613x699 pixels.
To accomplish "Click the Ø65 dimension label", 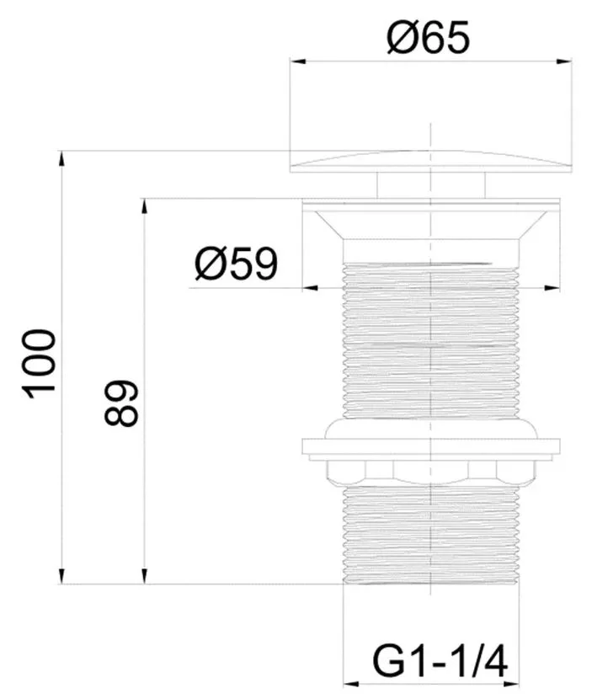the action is pos(428,37).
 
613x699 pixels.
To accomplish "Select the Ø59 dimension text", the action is pos(237,264).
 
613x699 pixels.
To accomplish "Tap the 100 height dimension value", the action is pos(39,364).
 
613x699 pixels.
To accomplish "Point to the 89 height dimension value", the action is pos(121,403).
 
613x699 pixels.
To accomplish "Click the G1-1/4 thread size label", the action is pos(440,663).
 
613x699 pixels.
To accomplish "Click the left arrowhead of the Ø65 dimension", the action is pos(297,61).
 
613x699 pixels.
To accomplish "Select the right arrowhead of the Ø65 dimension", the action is pos(564,61).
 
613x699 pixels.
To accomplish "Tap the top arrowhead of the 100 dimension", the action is pos(61,158).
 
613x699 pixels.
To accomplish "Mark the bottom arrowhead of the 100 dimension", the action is pos(61,576).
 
